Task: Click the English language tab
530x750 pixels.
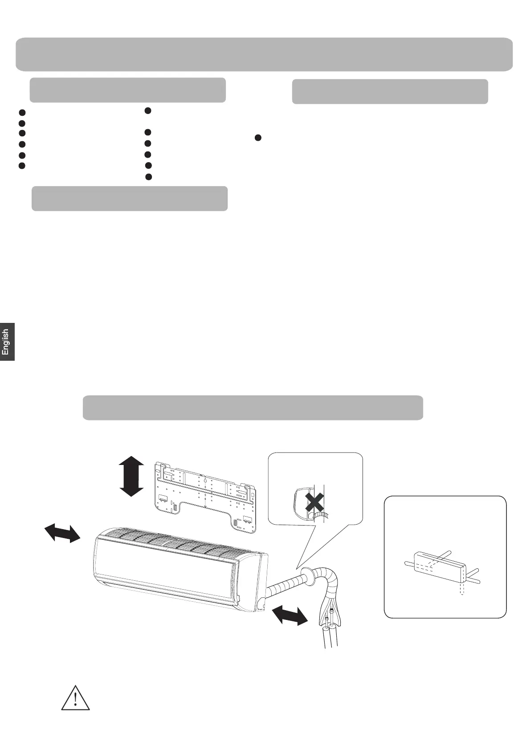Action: point(7,342)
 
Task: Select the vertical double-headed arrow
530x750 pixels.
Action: point(132,475)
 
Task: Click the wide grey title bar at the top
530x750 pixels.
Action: point(264,54)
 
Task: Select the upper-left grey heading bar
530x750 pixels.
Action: point(127,90)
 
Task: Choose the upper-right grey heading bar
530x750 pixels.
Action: point(390,91)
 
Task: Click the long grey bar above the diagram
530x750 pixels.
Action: point(253,407)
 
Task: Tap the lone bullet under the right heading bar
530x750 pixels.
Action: point(257,138)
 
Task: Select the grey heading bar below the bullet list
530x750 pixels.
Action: point(130,198)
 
